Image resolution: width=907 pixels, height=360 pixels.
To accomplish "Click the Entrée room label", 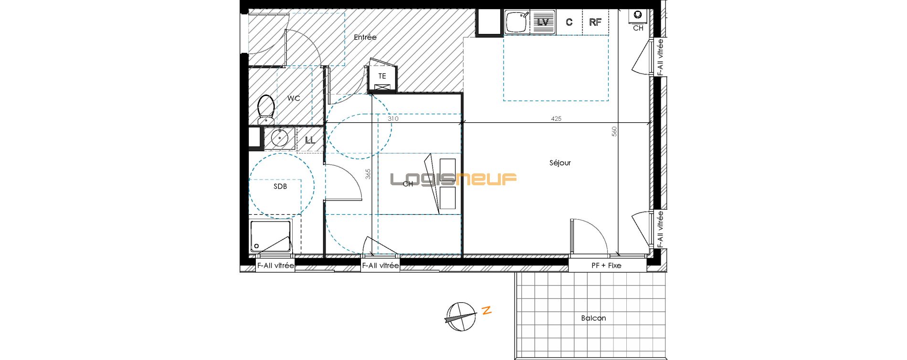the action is (365, 37).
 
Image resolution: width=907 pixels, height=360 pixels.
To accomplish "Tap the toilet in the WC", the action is (265, 109).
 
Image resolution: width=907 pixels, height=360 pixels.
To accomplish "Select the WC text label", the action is (294, 98).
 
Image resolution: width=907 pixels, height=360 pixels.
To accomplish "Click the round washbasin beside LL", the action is (279, 138).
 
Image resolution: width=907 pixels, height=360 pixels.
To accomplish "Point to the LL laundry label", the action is (310, 140).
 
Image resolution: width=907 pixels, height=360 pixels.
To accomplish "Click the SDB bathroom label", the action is (280, 186).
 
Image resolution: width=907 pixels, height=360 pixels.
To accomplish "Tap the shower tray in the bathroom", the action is (270, 236).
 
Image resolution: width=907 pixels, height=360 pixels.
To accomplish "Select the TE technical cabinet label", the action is (382, 76).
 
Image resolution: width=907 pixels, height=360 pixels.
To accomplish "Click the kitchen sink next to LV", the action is (517, 22).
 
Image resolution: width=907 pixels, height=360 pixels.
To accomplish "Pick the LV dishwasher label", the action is (543, 22).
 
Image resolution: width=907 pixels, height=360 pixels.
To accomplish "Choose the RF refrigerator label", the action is (595, 22).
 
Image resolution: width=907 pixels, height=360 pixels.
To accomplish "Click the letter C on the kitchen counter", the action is (569, 22).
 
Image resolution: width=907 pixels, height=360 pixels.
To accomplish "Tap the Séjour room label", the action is (560, 163).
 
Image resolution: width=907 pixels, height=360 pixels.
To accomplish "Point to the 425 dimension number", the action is (556, 118).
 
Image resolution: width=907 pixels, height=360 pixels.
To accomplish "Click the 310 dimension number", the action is (393, 118).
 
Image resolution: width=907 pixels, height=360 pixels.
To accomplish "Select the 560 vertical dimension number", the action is (614, 131).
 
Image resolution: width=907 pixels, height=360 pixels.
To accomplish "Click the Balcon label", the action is (593, 318).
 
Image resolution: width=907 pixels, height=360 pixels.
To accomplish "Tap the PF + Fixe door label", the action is (606, 265).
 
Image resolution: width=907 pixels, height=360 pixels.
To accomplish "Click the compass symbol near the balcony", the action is (461, 317).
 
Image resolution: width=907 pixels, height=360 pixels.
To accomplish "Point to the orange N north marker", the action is (486, 310).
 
